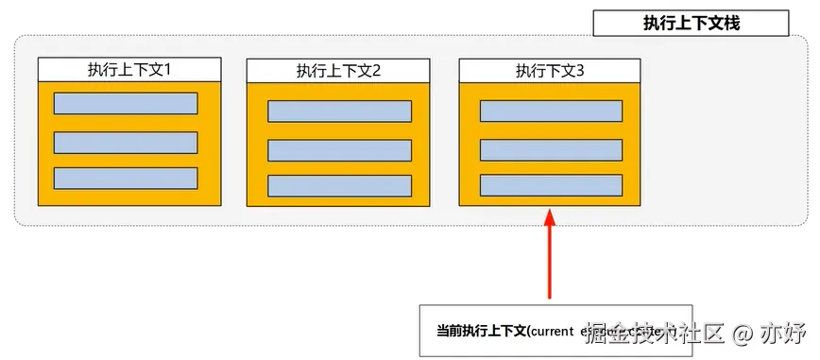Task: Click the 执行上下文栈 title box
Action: coord(691,24)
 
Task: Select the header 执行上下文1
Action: coord(129,69)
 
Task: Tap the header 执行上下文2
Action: coord(338,71)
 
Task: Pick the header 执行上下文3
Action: coord(549,70)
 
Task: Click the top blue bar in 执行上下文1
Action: coord(126,104)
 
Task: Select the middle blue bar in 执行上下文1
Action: coord(126,142)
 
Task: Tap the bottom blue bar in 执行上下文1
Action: coord(126,178)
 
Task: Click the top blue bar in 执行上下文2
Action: coord(339,111)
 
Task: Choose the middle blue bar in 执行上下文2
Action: coord(339,150)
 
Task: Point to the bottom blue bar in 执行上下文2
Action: coord(339,185)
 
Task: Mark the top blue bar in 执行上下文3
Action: coord(551,111)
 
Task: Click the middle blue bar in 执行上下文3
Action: coord(551,149)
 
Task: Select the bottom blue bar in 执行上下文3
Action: coord(551,185)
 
